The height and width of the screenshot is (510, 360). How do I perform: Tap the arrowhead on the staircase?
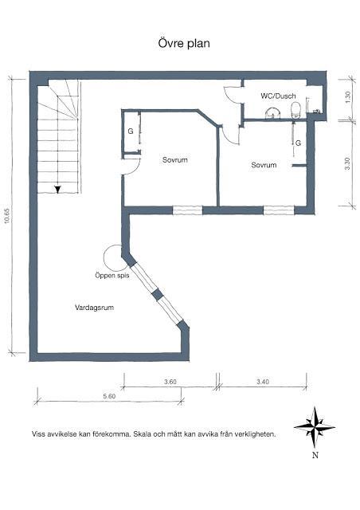[x=58, y=190]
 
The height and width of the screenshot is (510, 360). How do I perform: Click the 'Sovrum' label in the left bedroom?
[x=174, y=160]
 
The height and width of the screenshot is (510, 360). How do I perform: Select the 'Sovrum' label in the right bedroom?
[x=264, y=165]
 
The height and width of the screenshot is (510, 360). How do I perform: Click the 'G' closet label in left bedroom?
[x=130, y=132]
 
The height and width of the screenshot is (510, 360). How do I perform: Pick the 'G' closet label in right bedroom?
[x=298, y=143]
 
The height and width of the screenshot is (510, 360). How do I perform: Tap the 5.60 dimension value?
[x=109, y=395]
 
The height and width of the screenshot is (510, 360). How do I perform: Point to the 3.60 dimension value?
[x=170, y=382]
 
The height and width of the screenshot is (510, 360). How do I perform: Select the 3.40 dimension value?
[x=263, y=382]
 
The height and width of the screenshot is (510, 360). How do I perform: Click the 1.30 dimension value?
[x=346, y=96]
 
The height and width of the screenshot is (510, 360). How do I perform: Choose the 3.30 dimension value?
[x=346, y=163]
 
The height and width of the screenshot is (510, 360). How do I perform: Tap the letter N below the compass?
[x=315, y=456]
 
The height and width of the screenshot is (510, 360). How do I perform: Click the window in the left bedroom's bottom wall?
[x=188, y=210]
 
